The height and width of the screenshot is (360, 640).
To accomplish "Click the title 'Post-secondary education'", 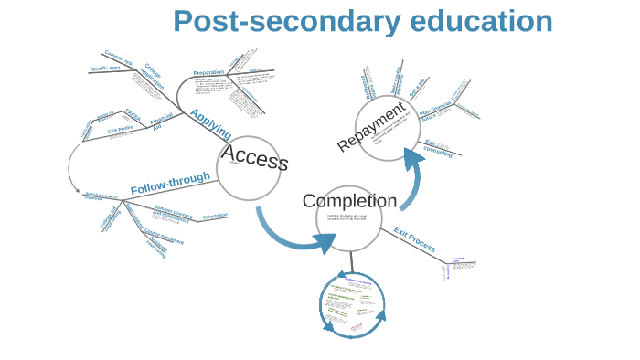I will coord(362,21).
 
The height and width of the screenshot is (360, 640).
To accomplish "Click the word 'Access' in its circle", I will coord(254,157).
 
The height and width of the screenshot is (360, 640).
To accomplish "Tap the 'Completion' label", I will coord(349,201).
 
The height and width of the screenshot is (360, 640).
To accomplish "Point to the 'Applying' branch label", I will coord(210,123).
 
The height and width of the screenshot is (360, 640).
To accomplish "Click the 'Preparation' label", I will coord(208,72).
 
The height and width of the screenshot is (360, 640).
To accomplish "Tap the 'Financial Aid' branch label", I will coord(162,122).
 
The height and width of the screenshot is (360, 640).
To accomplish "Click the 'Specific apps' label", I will coord(104,69).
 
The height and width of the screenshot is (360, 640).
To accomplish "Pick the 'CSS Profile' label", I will coord(120,130).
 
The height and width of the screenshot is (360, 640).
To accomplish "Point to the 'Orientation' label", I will coord(215,216).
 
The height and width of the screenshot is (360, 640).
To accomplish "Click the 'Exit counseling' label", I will coord(438,148).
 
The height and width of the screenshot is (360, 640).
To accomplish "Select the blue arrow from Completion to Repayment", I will coord(410,182).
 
